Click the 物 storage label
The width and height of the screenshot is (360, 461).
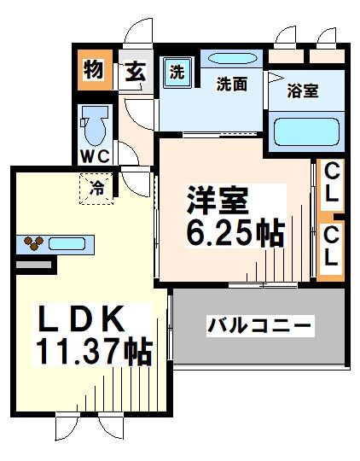coord(93,71)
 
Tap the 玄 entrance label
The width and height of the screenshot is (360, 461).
coord(135,72)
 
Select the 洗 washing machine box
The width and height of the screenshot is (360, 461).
coord(177,72)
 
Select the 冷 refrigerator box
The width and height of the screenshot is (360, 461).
coord(98,189)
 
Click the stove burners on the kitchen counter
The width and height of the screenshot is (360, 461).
coord(33,244)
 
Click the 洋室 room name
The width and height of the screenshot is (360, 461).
coord(218,203)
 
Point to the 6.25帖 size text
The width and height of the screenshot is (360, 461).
coord(232,233)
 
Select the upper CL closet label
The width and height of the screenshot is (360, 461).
coord(331,184)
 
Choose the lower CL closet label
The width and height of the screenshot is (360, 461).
coord(331,244)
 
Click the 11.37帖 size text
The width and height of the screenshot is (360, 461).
coord(93,351)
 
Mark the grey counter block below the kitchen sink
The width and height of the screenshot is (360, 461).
coord(35,266)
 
